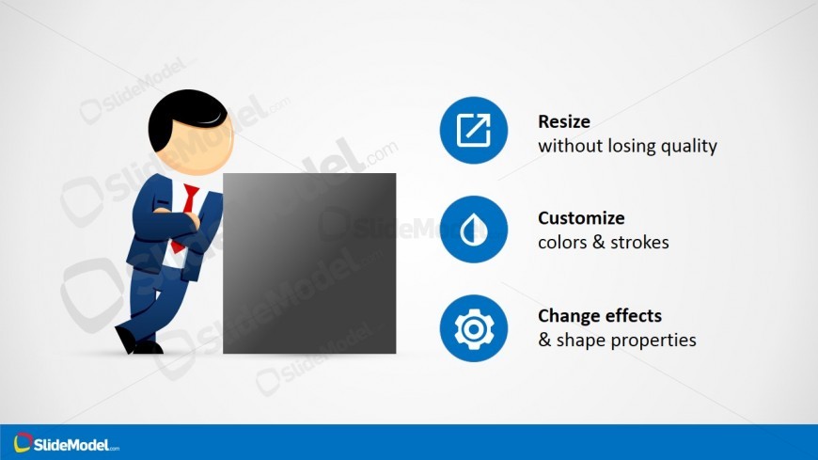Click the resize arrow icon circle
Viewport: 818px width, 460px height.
(473, 130)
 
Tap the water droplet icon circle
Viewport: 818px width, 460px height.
(473, 230)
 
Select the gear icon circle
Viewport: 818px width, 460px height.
(473, 328)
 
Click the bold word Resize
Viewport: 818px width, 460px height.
(564, 121)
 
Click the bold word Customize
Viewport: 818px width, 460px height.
(581, 217)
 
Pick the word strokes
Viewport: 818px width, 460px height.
(639, 243)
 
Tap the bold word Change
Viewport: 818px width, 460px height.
(568, 316)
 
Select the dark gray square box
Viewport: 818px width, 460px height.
(309, 263)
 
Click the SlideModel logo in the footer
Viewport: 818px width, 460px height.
(66, 443)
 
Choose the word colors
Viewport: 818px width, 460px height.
(563, 243)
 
